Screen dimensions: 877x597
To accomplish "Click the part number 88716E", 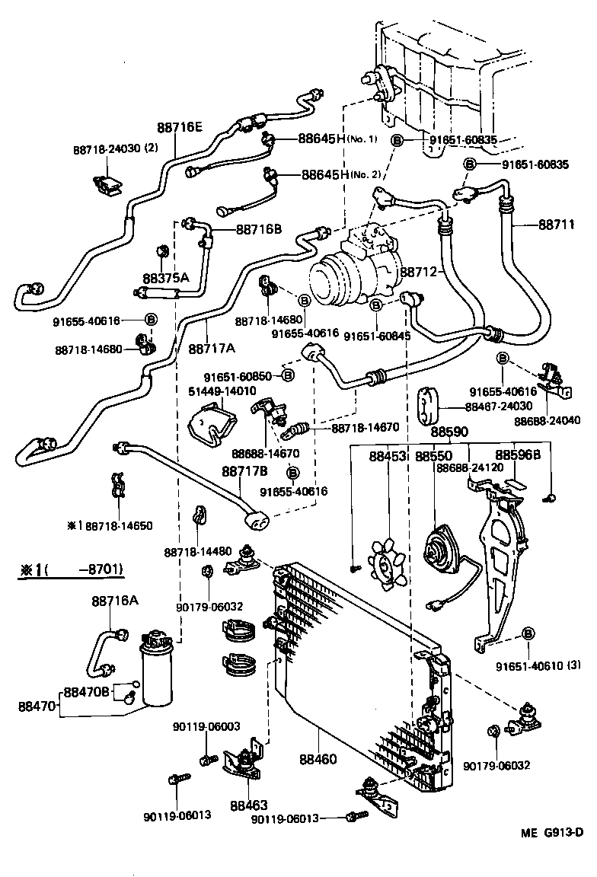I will (x=180, y=127).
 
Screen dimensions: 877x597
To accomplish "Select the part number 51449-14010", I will (x=222, y=391).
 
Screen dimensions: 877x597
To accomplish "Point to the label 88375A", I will (x=167, y=278).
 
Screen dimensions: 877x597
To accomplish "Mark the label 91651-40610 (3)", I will (x=532, y=665).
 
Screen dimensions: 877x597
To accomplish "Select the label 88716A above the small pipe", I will (x=115, y=601).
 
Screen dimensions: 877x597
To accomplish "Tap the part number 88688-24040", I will (x=547, y=420).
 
